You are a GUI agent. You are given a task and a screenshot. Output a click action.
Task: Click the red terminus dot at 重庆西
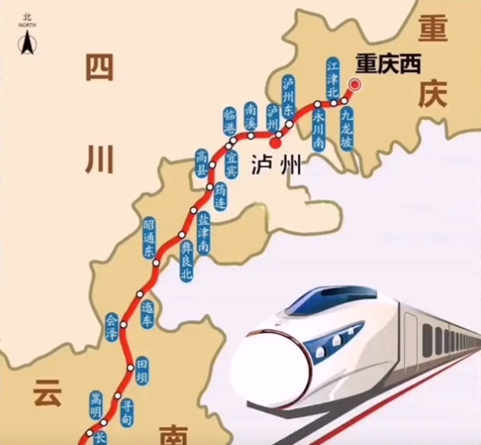(x=354, y=86)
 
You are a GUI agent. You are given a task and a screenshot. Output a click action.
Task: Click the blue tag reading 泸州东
(x=288, y=95)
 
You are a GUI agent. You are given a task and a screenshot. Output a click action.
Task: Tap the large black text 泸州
(x=275, y=163)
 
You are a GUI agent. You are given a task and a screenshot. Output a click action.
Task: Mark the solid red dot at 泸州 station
(x=277, y=141)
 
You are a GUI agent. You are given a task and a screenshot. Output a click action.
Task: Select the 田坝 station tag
(x=141, y=371)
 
